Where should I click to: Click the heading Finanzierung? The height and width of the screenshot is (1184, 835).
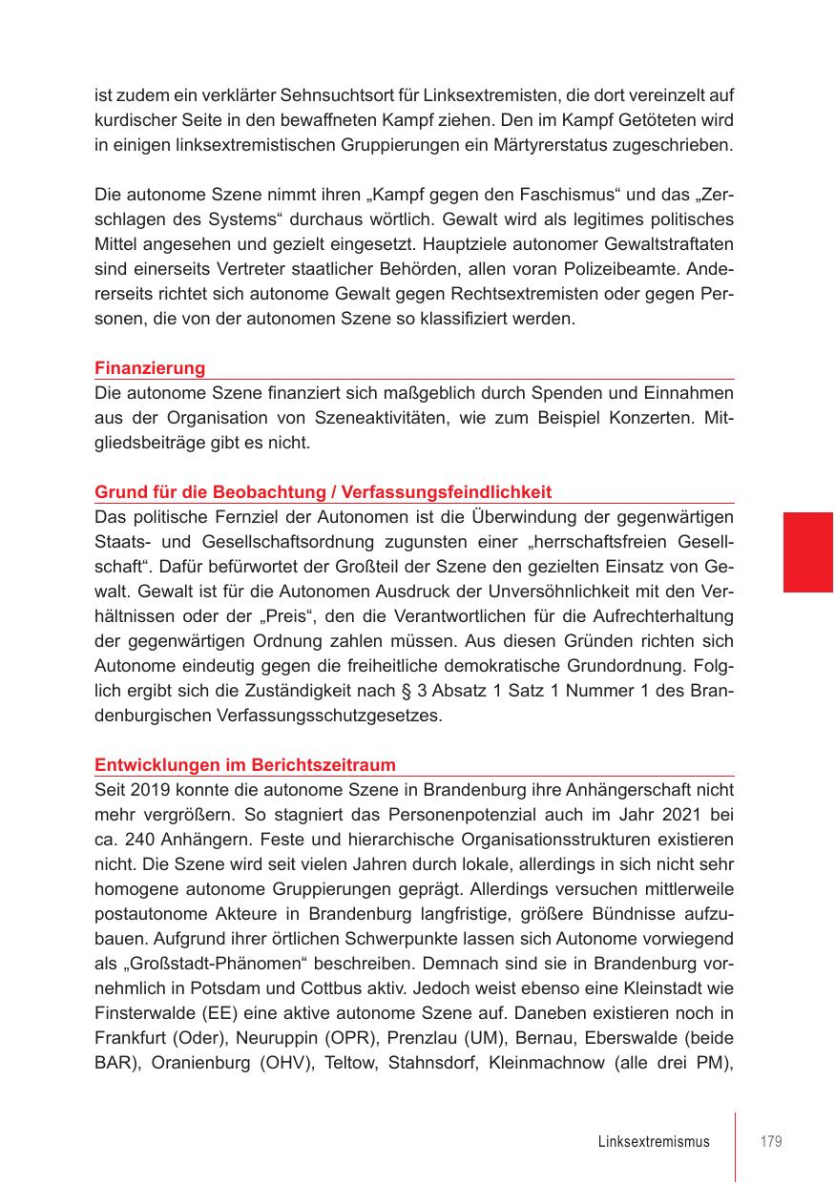click(x=150, y=368)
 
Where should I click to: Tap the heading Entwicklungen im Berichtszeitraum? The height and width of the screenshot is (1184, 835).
click(x=245, y=765)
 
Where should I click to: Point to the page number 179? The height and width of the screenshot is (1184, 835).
click(x=771, y=1142)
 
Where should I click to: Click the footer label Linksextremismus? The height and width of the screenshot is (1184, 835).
click(x=654, y=1142)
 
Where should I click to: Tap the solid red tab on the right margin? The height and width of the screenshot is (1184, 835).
click(x=808, y=551)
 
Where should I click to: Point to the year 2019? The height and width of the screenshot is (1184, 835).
click(x=149, y=790)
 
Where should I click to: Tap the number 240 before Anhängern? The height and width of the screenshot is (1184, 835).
click(x=136, y=840)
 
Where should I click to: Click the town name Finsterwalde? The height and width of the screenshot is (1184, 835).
click(x=141, y=1013)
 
